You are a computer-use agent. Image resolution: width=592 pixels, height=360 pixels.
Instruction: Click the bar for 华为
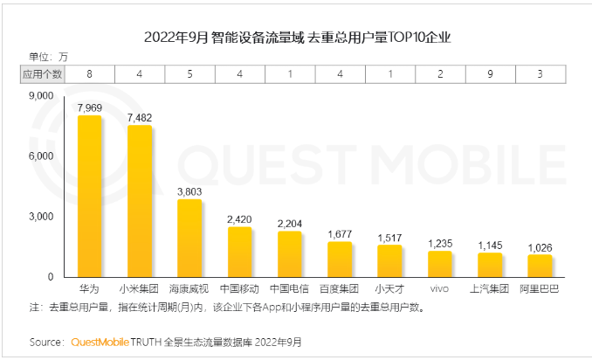89,197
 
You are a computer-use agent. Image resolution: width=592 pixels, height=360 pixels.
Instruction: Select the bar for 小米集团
140,202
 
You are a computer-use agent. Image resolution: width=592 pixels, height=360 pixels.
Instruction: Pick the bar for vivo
440,264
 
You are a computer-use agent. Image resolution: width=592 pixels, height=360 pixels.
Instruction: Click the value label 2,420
240,218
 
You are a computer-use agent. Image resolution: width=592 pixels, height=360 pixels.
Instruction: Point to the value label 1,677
340,233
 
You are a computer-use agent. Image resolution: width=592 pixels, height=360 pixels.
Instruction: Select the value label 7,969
90,107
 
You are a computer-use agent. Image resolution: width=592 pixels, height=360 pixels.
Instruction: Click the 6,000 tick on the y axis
42,156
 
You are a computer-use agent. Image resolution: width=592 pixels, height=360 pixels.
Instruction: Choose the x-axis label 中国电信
290,288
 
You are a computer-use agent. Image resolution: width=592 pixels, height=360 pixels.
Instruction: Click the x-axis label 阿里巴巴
540,288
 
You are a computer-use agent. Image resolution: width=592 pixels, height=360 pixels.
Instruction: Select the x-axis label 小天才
389,288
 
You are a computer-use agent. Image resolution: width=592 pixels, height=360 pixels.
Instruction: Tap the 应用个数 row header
42,75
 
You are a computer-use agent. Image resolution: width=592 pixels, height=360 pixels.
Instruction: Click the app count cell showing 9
490,75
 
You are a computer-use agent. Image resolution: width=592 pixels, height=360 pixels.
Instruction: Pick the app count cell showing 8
90,75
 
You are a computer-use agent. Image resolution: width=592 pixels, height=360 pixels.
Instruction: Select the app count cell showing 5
189,75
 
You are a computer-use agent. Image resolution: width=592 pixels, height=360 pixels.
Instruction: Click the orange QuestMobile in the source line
100,341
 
